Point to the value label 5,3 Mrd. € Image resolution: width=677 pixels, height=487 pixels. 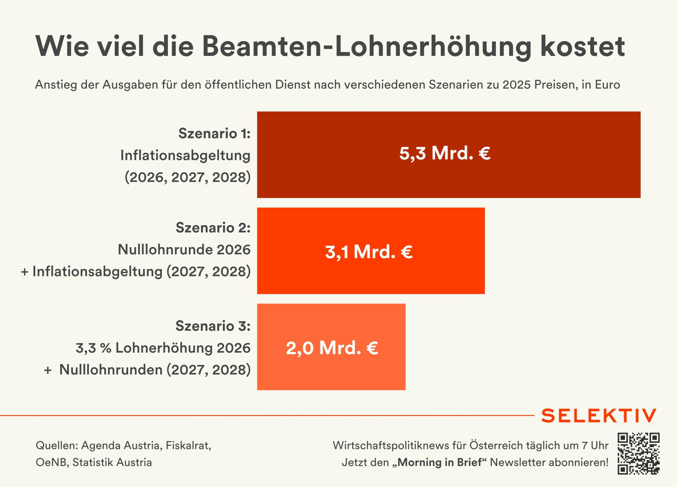445,153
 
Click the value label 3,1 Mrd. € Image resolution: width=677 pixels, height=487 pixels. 369,252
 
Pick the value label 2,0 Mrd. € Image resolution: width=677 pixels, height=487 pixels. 332,348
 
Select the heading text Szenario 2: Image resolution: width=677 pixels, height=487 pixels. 213,227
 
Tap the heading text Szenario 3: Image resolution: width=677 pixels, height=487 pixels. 213,326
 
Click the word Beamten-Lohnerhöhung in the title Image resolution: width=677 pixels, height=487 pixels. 367,46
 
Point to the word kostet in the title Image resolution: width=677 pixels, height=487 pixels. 583,46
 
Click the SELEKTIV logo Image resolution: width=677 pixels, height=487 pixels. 599,416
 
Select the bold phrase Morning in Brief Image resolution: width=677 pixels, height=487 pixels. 440,462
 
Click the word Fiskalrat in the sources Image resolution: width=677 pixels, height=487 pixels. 188,445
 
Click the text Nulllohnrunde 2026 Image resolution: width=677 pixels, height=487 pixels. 184,250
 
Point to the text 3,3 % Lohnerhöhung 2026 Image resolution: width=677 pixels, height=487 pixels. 163,348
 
